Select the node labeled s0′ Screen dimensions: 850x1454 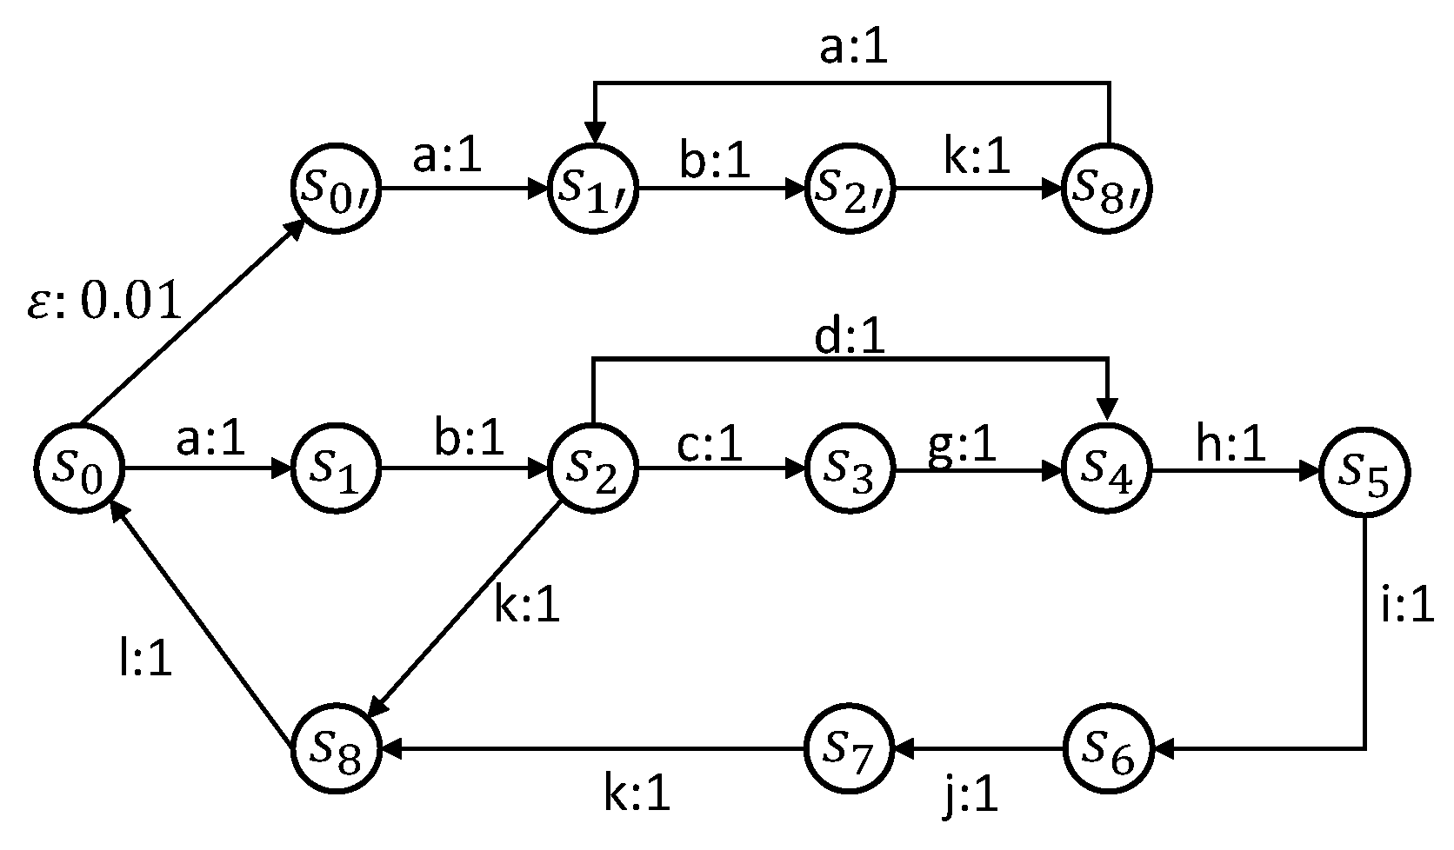pos(335,189)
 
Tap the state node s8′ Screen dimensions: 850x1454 pos(1107,189)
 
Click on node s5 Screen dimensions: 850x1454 pos(1363,472)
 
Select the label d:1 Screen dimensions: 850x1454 pos(850,338)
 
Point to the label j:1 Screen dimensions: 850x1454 pos(970,794)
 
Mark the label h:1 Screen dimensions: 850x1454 pos(1231,446)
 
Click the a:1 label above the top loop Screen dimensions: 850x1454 pos(854,50)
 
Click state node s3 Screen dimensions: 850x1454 pos(850,472)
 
